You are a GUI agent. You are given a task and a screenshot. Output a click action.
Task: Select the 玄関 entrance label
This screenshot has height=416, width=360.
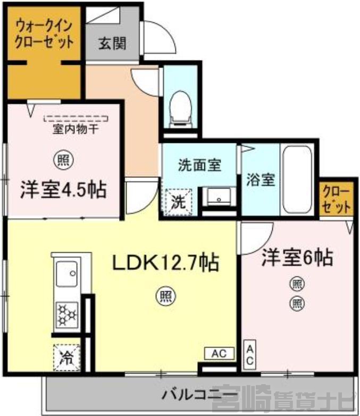(x=112, y=43)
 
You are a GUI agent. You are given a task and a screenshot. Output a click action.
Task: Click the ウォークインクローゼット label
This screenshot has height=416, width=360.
(x=44, y=34)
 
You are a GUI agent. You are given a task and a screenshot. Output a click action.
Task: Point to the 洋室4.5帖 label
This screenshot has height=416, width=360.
(x=63, y=190)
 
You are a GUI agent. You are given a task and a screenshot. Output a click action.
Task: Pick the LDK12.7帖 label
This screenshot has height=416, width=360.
(x=166, y=262)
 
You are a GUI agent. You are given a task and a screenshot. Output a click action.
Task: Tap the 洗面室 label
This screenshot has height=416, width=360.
(x=199, y=165)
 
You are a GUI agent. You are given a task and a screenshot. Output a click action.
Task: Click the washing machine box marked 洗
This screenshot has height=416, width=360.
(x=178, y=202)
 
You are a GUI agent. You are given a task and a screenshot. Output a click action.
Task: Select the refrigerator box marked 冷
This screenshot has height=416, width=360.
(x=66, y=357)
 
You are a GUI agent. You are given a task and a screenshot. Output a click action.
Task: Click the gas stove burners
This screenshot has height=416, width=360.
(x=68, y=315)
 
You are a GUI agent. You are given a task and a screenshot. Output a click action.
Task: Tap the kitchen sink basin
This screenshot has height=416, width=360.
(x=67, y=274)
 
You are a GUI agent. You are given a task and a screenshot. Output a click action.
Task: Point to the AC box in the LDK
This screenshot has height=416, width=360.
(x=219, y=353)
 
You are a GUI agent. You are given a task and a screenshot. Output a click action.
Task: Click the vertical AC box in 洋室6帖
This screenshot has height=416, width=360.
(x=250, y=355)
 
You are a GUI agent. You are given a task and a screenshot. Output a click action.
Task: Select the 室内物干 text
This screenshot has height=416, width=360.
(x=76, y=129)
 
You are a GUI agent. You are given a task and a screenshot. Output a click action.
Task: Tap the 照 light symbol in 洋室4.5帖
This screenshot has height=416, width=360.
(x=64, y=160)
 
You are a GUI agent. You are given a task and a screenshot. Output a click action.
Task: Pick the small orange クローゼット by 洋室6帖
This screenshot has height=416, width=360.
(x=337, y=199)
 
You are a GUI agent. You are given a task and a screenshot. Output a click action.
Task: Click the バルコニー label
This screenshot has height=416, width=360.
(x=196, y=395)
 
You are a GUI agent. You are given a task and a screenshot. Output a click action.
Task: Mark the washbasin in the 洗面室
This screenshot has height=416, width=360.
(x=219, y=197)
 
